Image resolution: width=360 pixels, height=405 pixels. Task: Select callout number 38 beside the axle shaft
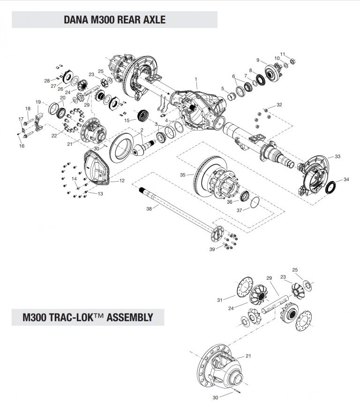[x=149, y=208]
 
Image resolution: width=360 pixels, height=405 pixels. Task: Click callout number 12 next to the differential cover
[x=122, y=181]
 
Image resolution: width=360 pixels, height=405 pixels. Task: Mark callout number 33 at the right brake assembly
[x=337, y=156]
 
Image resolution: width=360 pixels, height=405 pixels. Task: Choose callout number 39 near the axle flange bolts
[x=212, y=250]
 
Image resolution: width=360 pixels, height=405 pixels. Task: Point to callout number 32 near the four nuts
[x=279, y=104]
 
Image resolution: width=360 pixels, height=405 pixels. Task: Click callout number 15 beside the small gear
[x=127, y=120]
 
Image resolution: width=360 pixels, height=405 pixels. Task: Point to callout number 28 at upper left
[x=47, y=81]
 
